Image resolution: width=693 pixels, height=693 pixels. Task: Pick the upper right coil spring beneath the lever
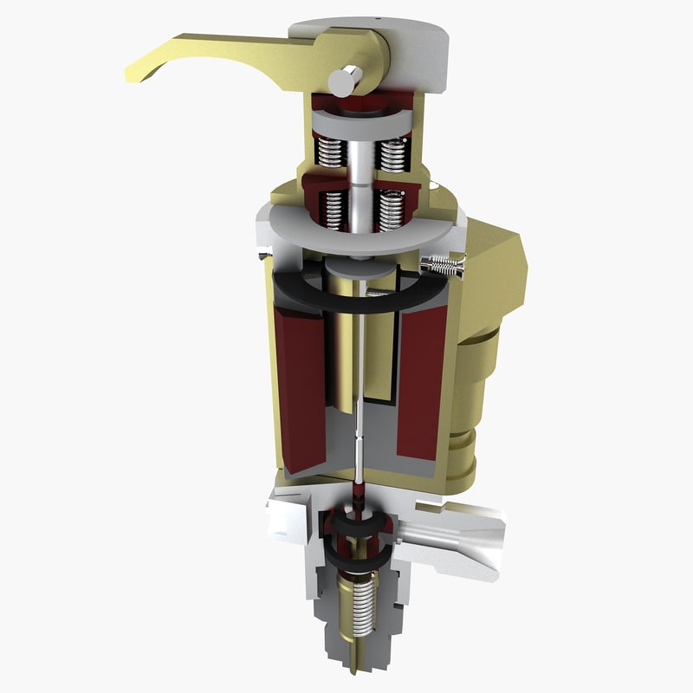(393, 153)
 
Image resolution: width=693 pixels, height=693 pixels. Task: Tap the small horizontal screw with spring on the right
(443, 266)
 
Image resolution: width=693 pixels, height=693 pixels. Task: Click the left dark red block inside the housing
(299, 390)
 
